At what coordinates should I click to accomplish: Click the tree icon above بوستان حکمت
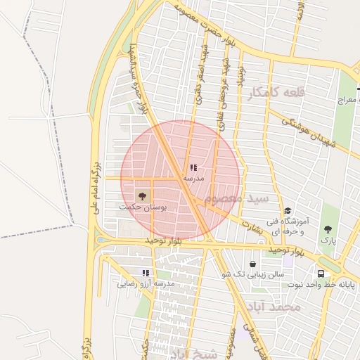[143, 195]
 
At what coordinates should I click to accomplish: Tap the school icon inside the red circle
[193, 168]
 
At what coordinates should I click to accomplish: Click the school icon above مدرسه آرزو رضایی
[146, 273]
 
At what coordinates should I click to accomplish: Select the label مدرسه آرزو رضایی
[146, 284]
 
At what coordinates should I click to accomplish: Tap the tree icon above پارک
[328, 229]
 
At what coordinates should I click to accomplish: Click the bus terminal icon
[321, 273]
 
